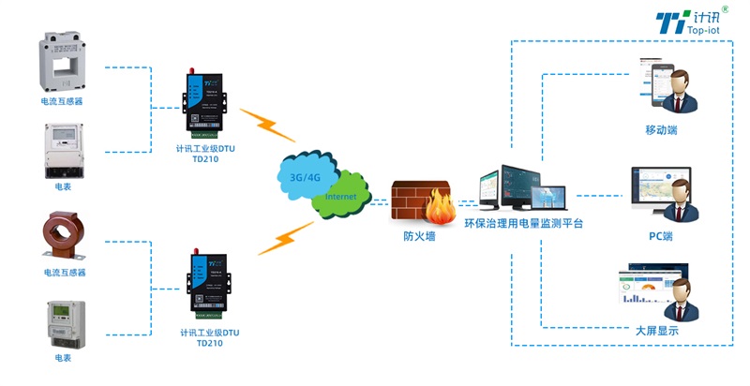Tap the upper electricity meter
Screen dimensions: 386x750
tap(63, 150)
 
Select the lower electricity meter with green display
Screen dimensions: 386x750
tap(63, 323)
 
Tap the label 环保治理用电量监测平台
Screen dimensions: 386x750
tap(524, 223)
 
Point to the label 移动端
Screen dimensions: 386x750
tap(661, 130)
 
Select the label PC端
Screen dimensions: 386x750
tap(660, 236)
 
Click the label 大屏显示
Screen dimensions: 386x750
tap(657, 331)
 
